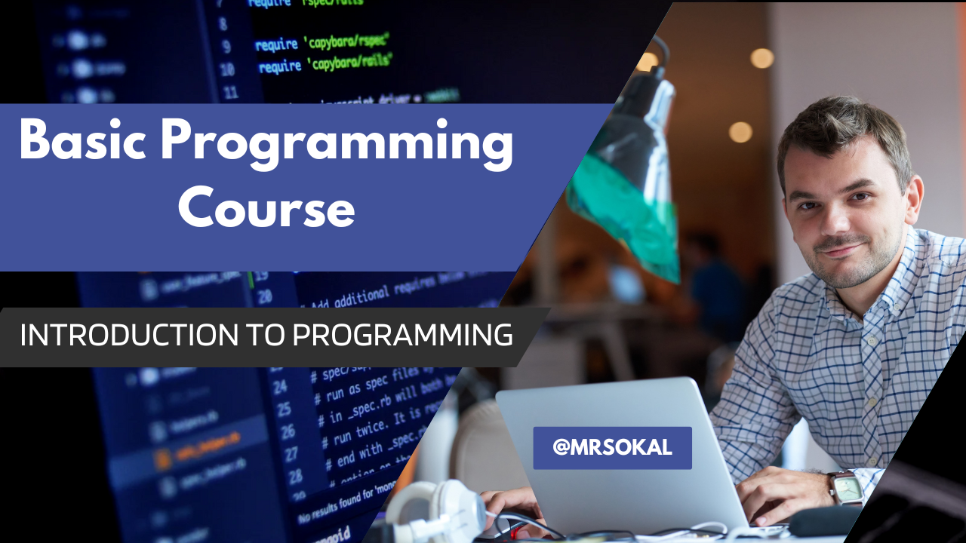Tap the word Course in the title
pyautogui.click(x=266, y=209)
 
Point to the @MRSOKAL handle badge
pyautogui.click(x=612, y=448)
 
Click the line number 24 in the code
pyautogui.click(x=280, y=387)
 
